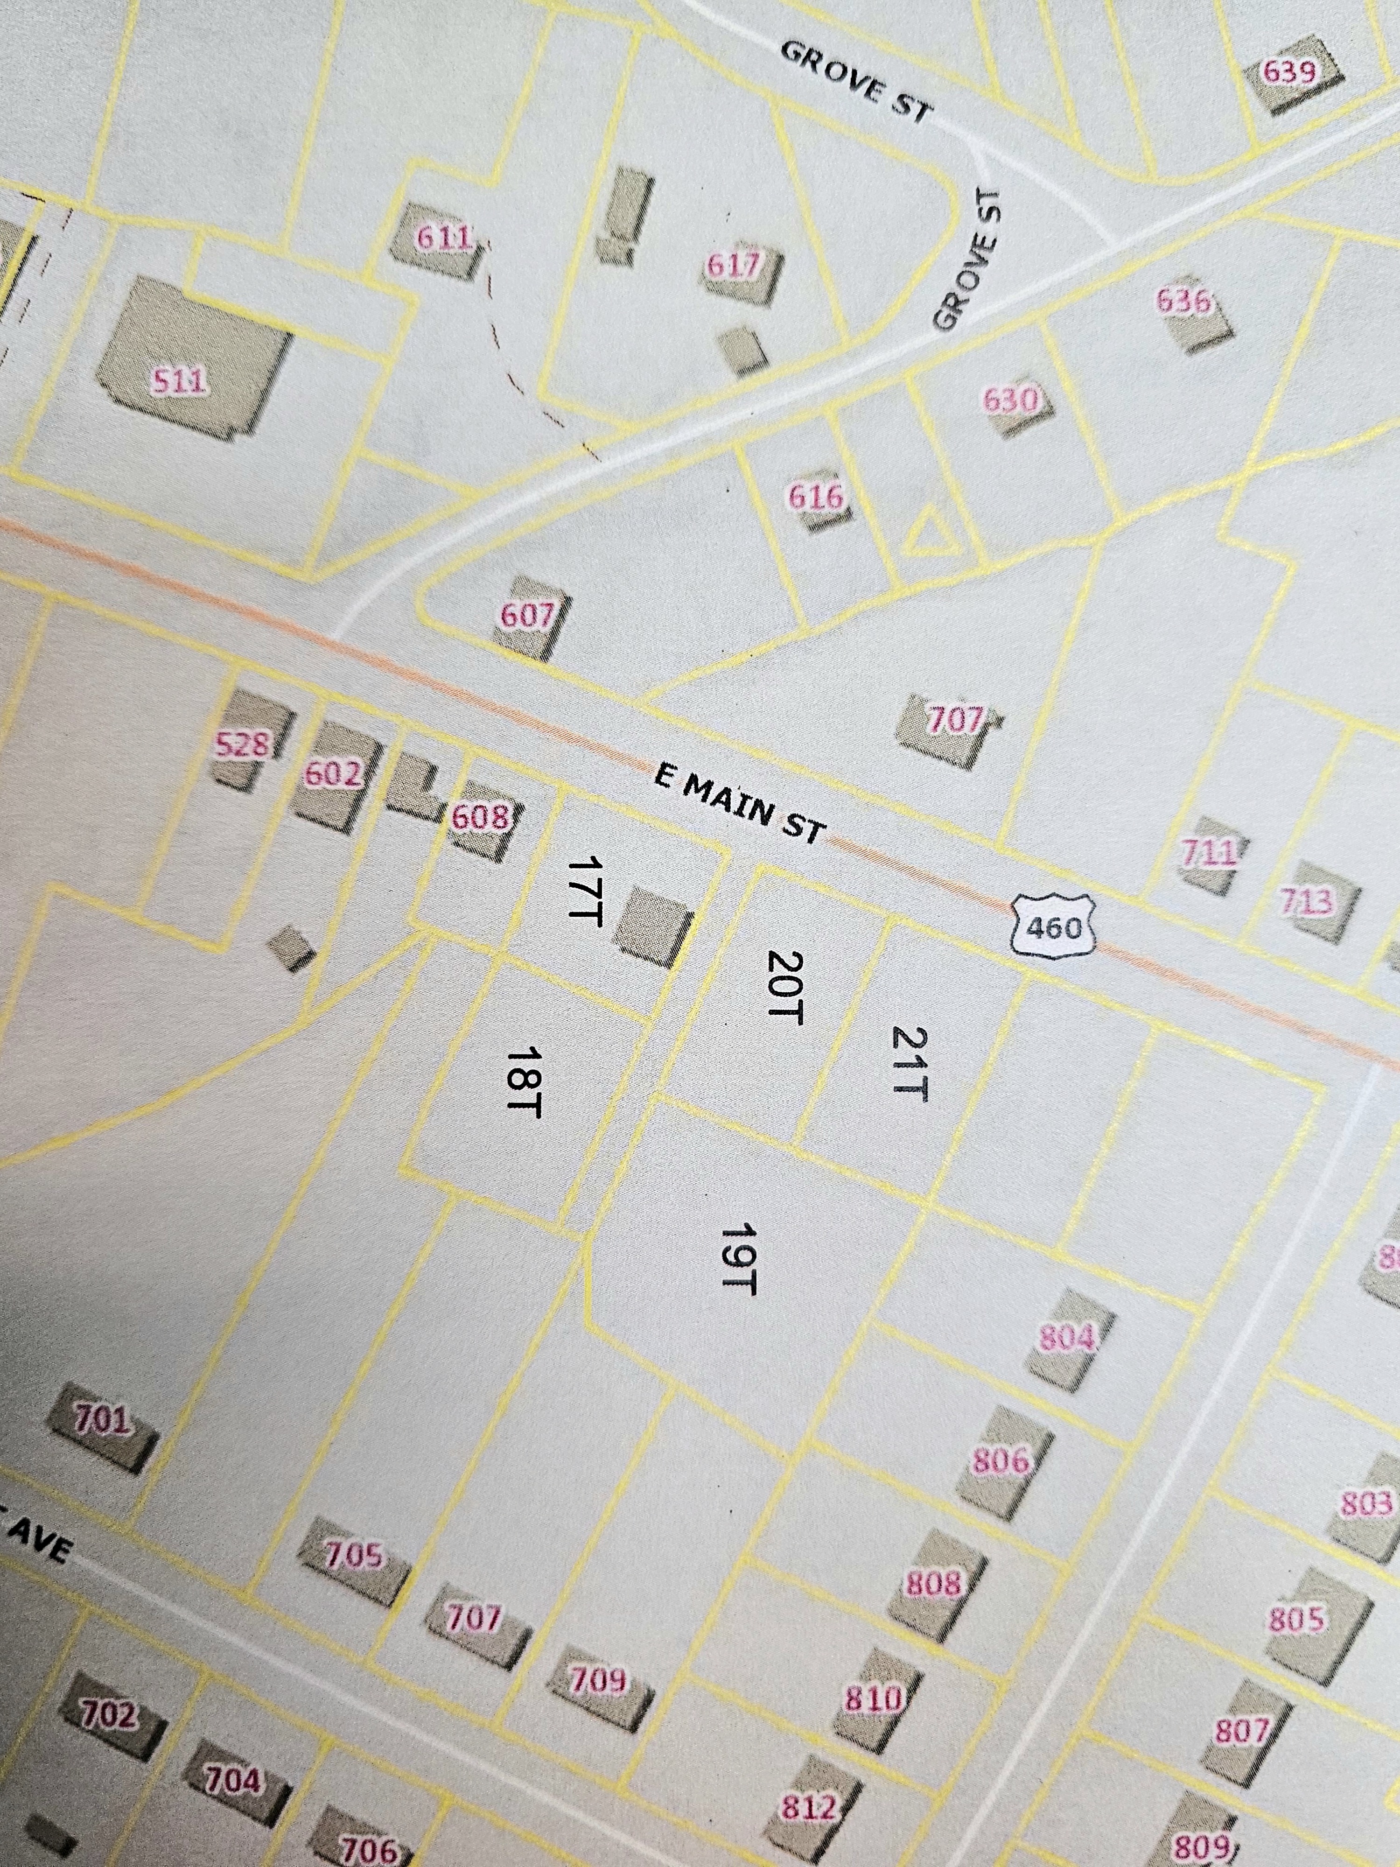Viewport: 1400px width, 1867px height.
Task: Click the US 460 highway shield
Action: pyautogui.click(x=1055, y=927)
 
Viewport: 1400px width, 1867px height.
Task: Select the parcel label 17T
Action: pyautogui.click(x=582, y=891)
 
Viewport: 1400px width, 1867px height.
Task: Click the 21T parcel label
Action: pyautogui.click(x=910, y=1063)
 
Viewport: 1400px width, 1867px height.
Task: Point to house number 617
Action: pyautogui.click(x=733, y=267)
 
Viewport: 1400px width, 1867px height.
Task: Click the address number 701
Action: pyautogui.click(x=101, y=1420)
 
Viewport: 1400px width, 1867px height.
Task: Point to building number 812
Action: pyautogui.click(x=808, y=1807)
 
